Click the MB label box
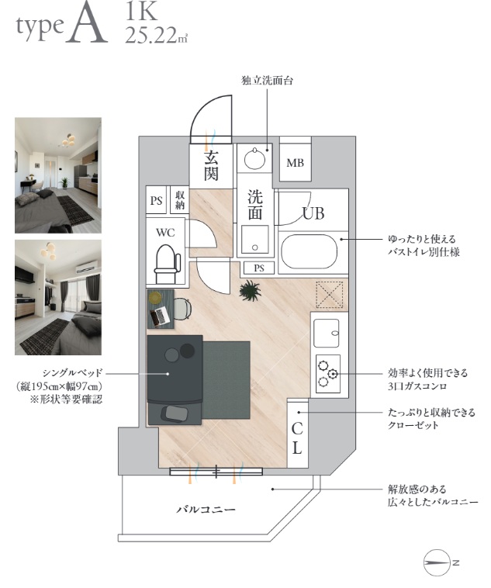click(x=295, y=163)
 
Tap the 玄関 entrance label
click(x=210, y=165)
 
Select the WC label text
click(x=165, y=232)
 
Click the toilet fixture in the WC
click(x=165, y=264)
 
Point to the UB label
click(x=313, y=214)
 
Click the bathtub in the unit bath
click(x=309, y=252)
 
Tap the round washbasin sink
click(x=253, y=160)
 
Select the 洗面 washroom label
click(x=254, y=204)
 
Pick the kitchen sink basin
click(x=327, y=334)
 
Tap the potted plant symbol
click(x=250, y=292)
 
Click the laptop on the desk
click(x=162, y=316)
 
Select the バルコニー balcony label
click(x=206, y=510)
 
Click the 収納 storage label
click(x=180, y=200)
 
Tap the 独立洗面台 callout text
click(x=267, y=80)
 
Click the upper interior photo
click(x=57, y=175)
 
